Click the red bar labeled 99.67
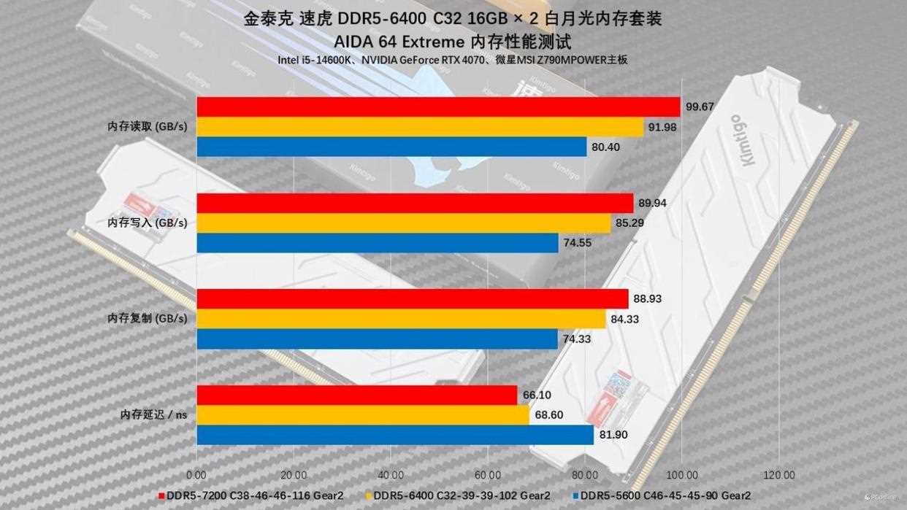click(x=438, y=107)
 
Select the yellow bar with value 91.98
click(x=420, y=127)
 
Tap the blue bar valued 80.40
click(x=391, y=147)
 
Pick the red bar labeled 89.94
click(x=415, y=203)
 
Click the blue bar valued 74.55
click(x=378, y=243)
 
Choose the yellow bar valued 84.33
click(x=401, y=319)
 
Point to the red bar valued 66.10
click(x=357, y=395)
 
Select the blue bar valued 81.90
click(x=395, y=435)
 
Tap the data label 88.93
click(x=649, y=299)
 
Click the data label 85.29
click(x=629, y=223)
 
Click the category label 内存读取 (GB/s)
click(x=147, y=127)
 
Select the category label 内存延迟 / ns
click(x=153, y=415)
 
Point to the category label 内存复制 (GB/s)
click(x=147, y=319)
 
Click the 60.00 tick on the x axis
click(x=487, y=474)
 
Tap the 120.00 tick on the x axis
click(x=778, y=474)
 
